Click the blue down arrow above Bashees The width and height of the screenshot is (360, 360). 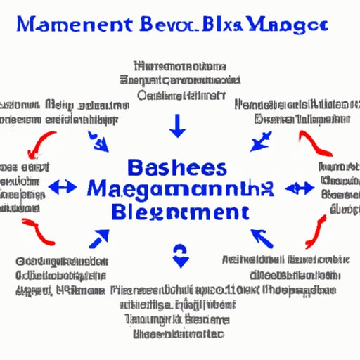pos(179,124)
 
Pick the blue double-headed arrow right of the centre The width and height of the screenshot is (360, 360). pos(300,188)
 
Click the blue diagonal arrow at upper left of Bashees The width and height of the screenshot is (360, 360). pos(98,143)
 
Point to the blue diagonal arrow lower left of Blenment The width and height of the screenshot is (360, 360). pos(98,237)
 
